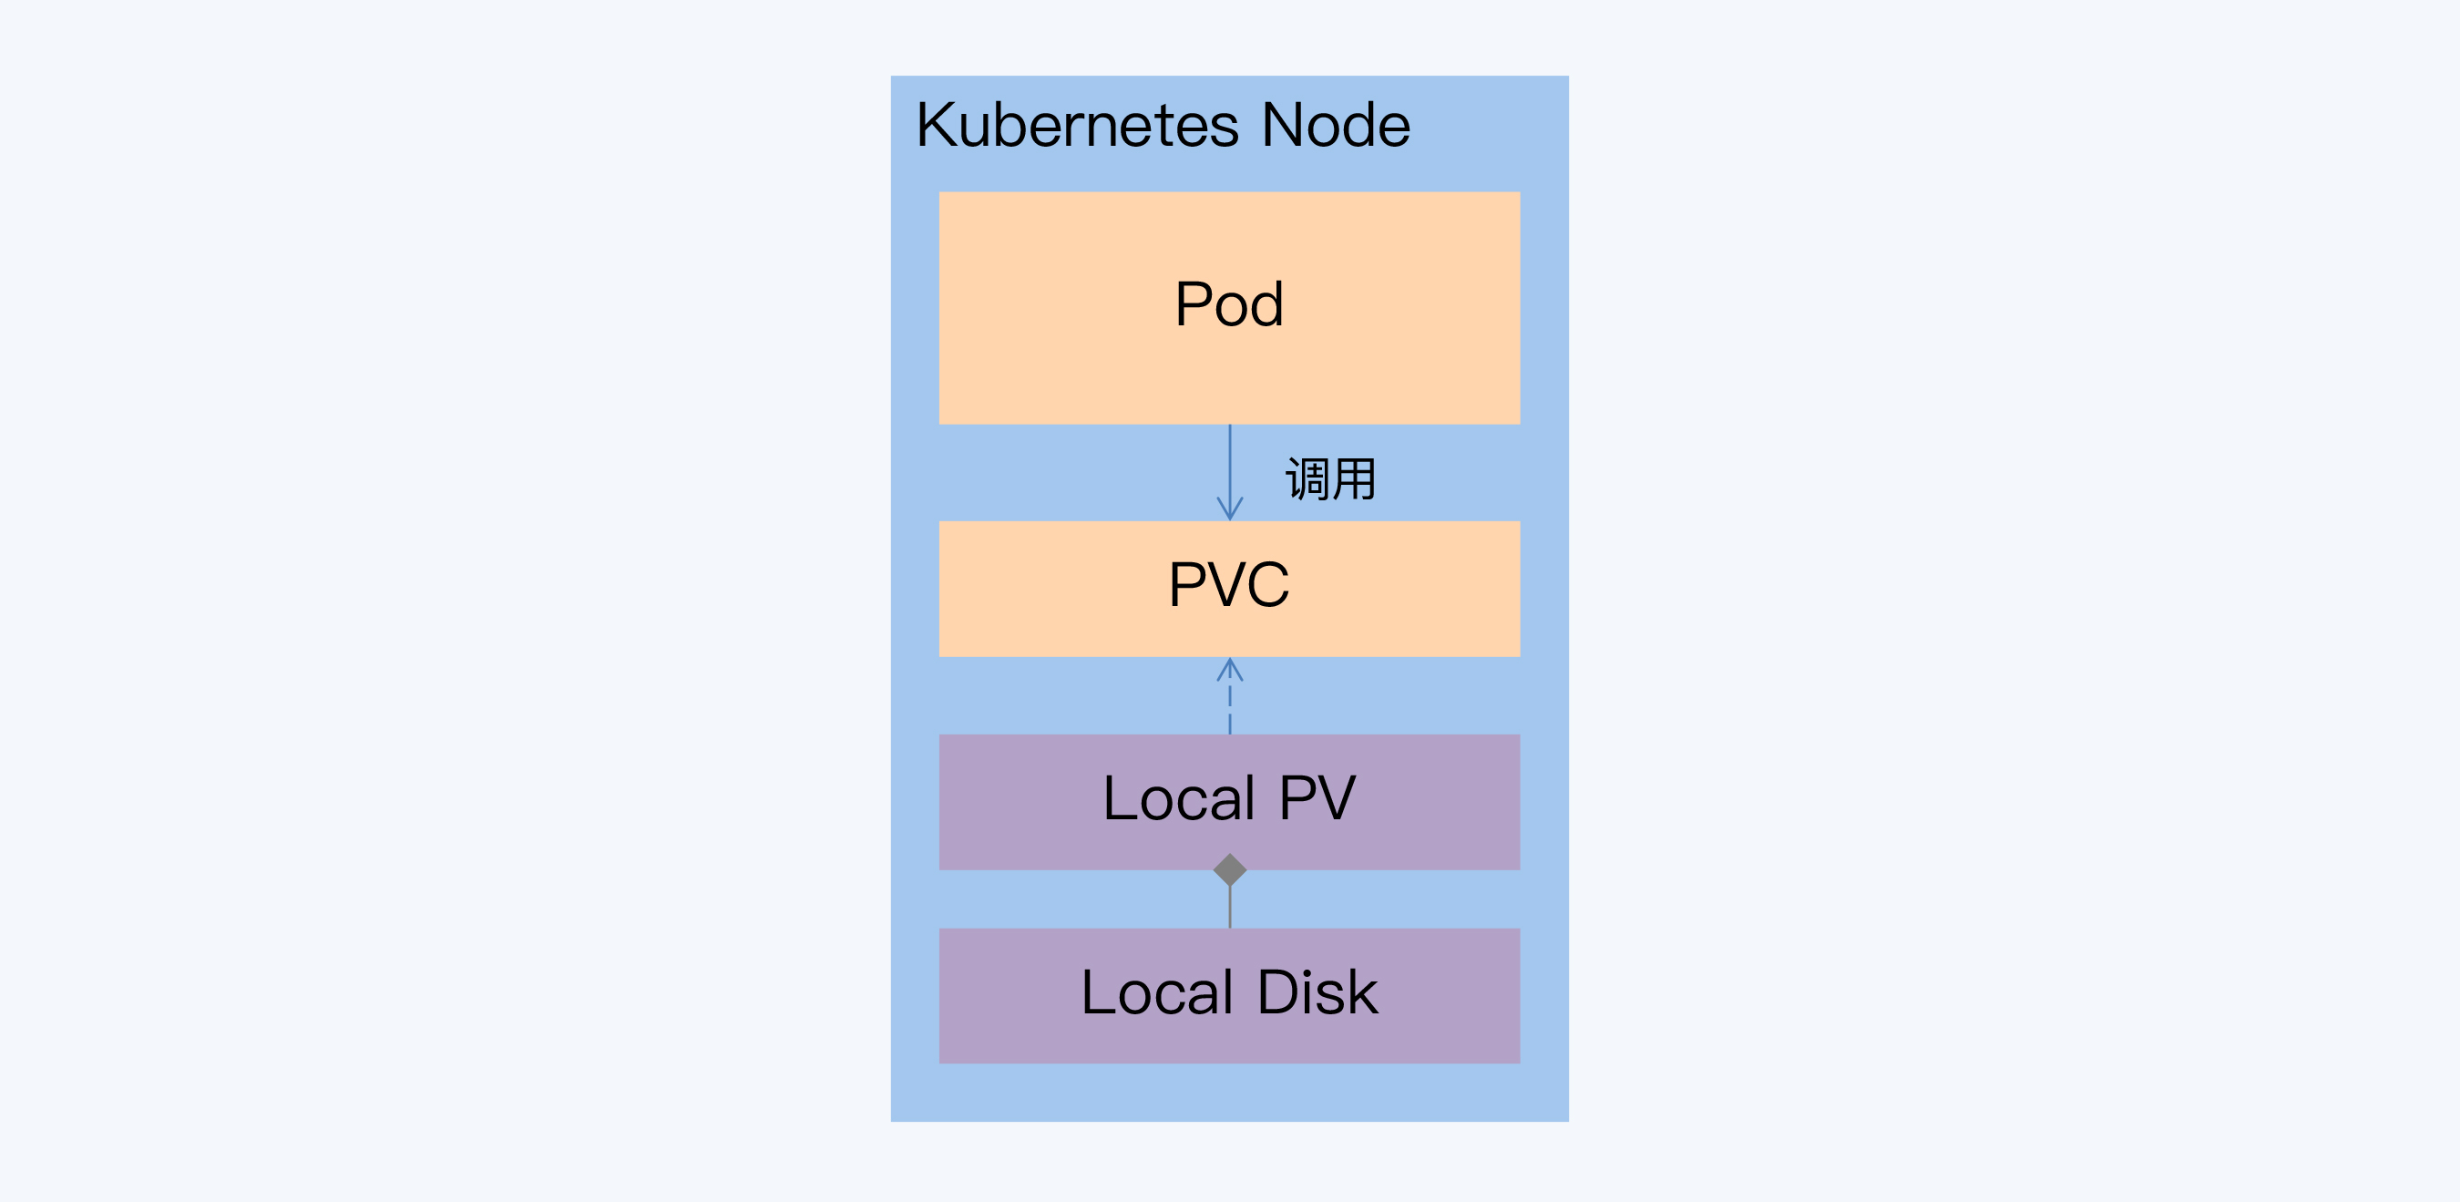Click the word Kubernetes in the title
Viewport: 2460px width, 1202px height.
click(x=1077, y=126)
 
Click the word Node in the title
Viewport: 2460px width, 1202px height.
click(x=1335, y=126)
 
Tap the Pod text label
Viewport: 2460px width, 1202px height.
click(x=1229, y=304)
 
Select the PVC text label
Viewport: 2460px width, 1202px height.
click(x=1229, y=585)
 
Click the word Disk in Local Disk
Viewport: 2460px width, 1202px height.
click(x=1317, y=992)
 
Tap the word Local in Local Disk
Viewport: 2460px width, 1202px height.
click(x=1156, y=992)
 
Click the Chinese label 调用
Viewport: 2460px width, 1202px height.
click(x=1330, y=478)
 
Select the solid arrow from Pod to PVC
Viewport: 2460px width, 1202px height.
click(x=1230, y=464)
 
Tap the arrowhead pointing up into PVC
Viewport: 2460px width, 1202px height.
click(x=1230, y=668)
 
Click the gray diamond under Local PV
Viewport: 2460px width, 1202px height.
click(x=1230, y=869)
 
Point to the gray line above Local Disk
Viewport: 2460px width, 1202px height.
click(x=1230, y=908)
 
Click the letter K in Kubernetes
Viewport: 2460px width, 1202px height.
click(x=937, y=126)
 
